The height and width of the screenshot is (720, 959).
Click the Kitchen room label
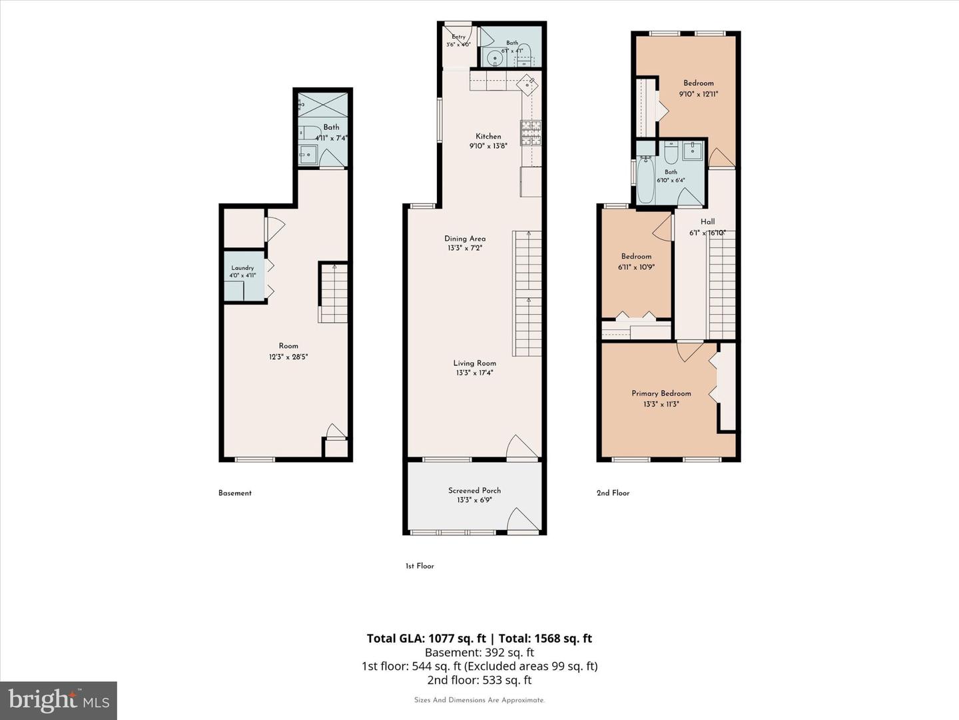(488, 137)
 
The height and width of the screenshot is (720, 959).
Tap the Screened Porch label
(474, 491)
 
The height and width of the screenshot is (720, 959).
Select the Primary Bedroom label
(661, 393)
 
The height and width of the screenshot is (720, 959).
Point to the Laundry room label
(242, 268)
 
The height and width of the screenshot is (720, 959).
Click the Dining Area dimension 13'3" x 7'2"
(464, 248)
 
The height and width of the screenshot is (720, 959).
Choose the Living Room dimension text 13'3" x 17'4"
(474, 373)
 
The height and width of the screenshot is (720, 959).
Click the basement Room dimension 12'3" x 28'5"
(288, 357)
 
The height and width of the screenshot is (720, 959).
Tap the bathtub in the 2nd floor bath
(645, 180)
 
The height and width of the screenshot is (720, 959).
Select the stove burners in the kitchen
(531, 133)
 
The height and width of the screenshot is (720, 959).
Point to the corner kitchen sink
(527, 85)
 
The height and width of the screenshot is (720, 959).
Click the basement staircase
(334, 293)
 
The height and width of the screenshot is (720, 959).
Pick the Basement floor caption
(235, 493)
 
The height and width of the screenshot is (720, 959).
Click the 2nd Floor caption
(613, 493)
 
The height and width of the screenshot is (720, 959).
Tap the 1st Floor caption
(420, 566)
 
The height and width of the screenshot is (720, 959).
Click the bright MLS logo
(59, 701)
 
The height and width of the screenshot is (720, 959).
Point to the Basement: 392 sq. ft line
(479, 653)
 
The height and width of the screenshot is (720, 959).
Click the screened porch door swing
(522, 520)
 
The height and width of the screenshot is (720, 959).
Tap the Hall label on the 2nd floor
(707, 221)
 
